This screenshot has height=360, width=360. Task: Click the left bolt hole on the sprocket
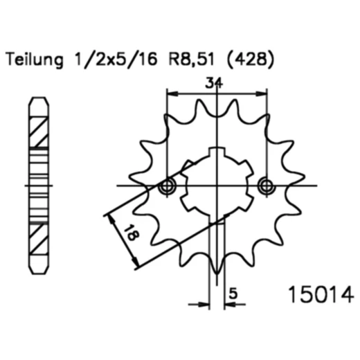167,187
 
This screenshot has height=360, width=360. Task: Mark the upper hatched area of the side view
39,132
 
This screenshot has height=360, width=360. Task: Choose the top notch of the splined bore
217,153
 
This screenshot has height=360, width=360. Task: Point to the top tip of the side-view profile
39,99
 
